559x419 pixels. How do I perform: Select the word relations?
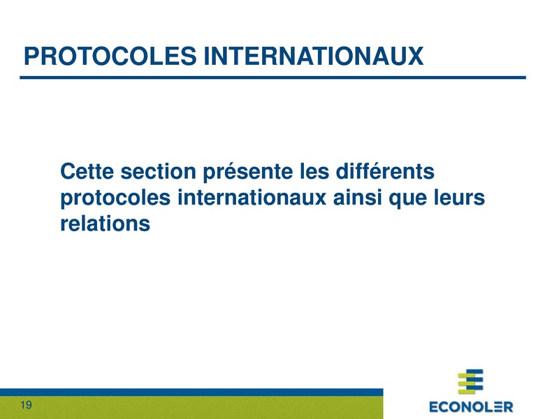click(106, 224)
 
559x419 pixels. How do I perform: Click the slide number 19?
click(26, 406)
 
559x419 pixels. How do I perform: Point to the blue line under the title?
click(273, 78)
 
